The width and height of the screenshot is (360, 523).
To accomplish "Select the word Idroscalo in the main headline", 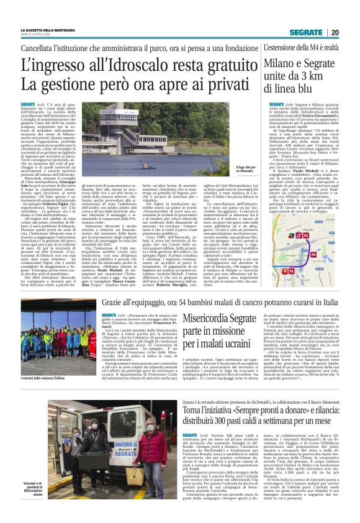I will tap(130, 63).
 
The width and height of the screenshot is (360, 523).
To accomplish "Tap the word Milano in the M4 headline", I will tap(282, 63).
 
